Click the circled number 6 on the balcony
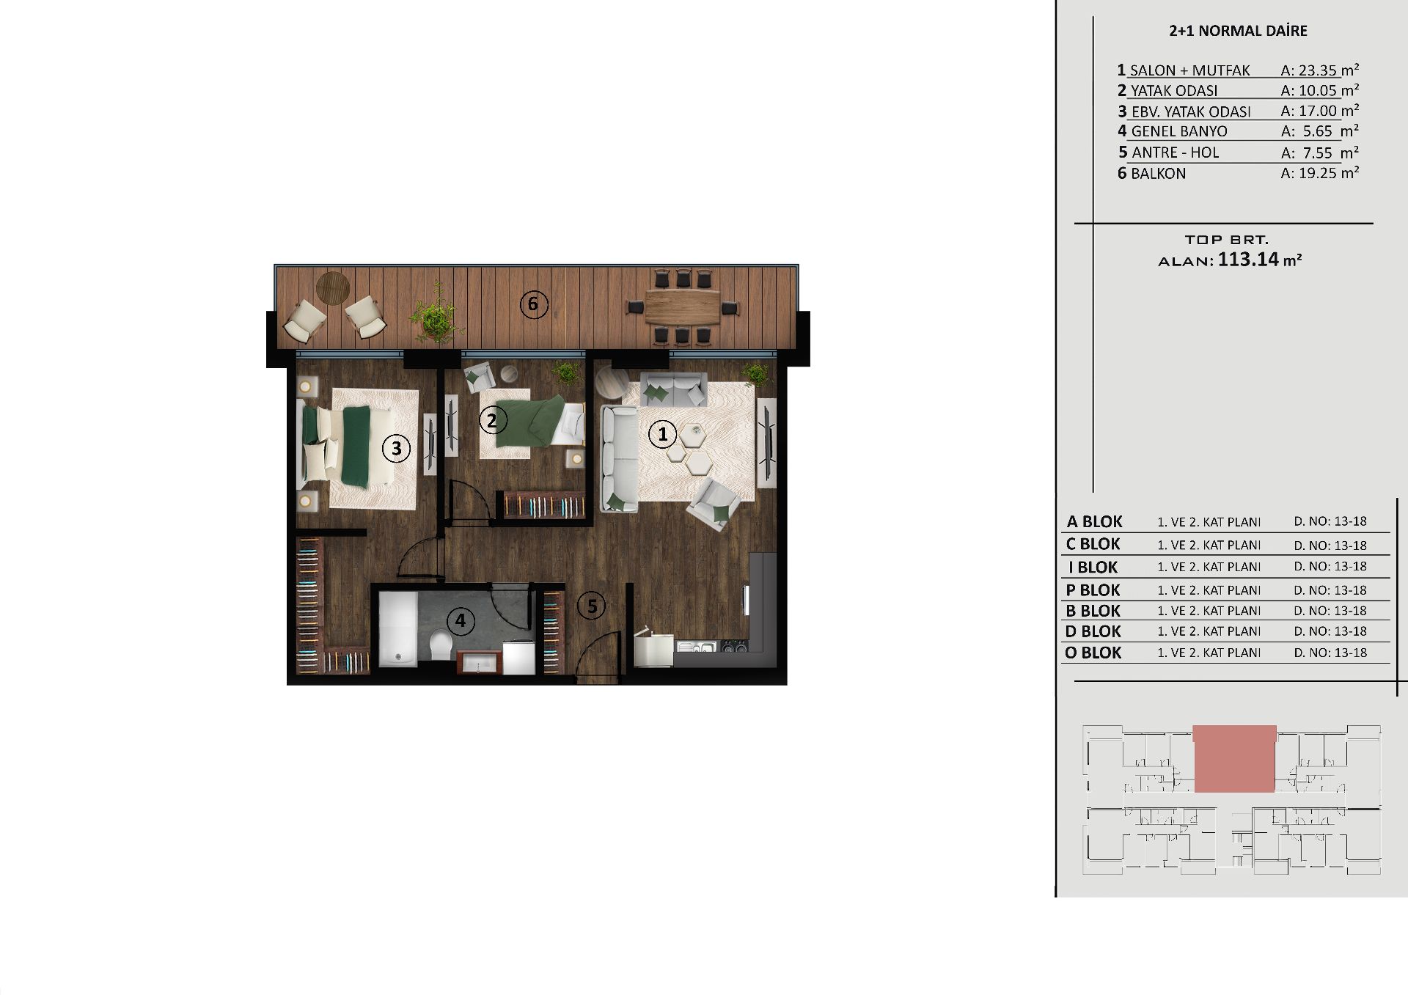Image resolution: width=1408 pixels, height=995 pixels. pyautogui.click(x=534, y=304)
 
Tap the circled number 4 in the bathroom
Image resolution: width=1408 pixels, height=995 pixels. pyautogui.click(x=460, y=621)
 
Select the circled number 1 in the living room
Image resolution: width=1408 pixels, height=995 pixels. pyautogui.click(x=663, y=434)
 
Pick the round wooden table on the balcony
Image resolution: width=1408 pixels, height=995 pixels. pyautogui.click(x=333, y=287)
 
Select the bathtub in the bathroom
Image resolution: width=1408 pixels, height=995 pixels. pyautogui.click(x=397, y=629)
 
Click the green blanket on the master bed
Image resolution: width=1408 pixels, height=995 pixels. pyautogui.click(x=356, y=447)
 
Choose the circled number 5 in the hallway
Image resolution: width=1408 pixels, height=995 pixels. pyautogui.click(x=591, y=606)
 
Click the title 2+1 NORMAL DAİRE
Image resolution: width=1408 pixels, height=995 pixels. pyautogui.click(x=1238, y=31)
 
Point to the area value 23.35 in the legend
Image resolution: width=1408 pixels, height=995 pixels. pyautogui.click(x=1317, y=70)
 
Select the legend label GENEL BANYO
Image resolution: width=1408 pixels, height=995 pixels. pyautogui.click(x=1179, y=131)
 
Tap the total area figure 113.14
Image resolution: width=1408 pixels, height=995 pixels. pyautogui.click(x=1248, y=260)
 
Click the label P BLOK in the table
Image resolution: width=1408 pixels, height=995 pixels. pyautogui.click(x=1093, y=590)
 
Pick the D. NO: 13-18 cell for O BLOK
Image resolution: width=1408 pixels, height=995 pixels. pyautogui.click(x=1330, y=653)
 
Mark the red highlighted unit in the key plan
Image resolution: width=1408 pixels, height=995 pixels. pyautogui.click(x=1235, y=759)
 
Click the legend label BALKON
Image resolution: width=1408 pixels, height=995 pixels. pyautogui.click(x=1158, y=174)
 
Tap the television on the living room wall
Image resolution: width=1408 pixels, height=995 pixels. pyautogui.click(x=768, y=443)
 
